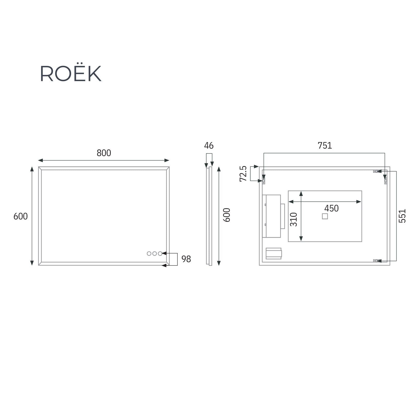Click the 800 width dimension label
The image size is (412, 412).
coord(104,153)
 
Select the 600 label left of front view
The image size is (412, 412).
coord(20,216)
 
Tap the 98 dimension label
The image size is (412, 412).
coord(186,259)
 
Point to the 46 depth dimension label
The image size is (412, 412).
coord(209,145)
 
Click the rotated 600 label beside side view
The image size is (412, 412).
coord(227,215)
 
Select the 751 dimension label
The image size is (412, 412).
coord(325,145)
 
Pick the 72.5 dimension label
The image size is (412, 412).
coord(243,174)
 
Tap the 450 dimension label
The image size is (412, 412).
coord(331,208)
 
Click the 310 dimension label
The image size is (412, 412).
coord(294,219)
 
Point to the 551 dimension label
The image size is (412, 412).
coord(402,216)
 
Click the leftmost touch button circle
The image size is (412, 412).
coord(149,254)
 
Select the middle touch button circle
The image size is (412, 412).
coord(154,254)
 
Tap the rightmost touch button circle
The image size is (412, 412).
coord(160,254)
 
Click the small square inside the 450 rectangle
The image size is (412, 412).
coord(325,216)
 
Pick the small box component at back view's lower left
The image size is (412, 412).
coord(273,254)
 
